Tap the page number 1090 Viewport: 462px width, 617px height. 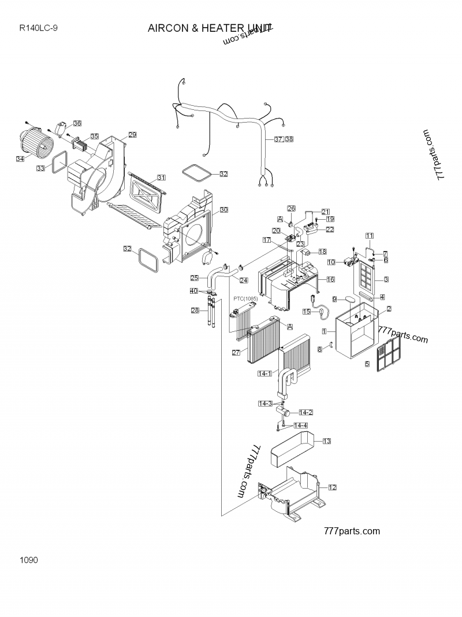click(x=28, y=560)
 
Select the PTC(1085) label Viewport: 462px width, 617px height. click(x=245, y=298)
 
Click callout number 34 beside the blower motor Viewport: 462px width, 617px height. click(x=20, y=158)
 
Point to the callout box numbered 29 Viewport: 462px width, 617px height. click(x=132, y=135)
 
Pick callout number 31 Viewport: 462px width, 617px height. click(x=161, y=178)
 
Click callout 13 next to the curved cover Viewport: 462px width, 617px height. click(x=326, y=441)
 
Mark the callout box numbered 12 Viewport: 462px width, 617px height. click(x=332, y=487)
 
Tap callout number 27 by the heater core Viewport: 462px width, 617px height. click(x=236, y=353)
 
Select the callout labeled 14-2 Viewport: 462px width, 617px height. click(x=305, y=412)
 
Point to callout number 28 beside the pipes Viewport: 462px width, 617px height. click(x=195, y=311)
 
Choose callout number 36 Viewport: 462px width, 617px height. click(x=77, y=123)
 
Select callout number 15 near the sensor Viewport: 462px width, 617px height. click(x=307, y=311)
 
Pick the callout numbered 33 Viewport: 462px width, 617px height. click(x=40, y=168)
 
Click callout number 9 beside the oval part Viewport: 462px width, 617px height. click(x=334, y=299)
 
